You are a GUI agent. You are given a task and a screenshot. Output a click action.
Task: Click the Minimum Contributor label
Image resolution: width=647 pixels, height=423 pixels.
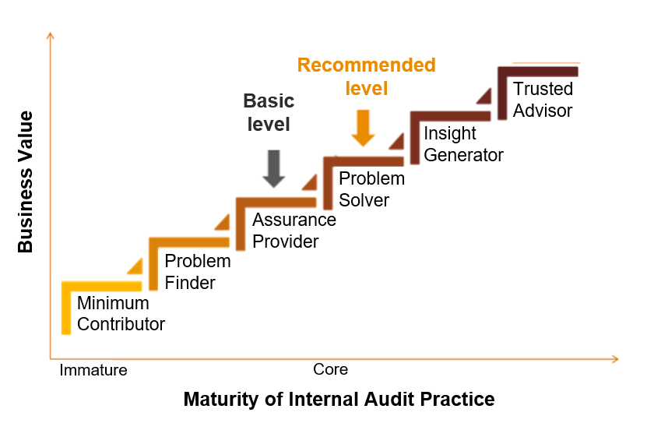pos(121,313)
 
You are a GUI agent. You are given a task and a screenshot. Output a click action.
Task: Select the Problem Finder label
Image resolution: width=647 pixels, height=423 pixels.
pos(198,272)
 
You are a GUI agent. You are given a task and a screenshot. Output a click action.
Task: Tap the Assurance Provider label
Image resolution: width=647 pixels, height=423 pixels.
pos(294,231)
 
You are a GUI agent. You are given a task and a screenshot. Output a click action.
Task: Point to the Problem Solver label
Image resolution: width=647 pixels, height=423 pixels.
pos(371,189)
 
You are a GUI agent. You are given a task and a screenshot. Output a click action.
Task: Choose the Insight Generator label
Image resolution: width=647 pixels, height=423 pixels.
pos(463,144)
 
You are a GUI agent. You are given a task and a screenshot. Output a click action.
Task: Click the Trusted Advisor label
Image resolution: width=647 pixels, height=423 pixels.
pos(543,100)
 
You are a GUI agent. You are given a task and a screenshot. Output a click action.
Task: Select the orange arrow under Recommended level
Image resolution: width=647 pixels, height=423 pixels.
pos(362,128)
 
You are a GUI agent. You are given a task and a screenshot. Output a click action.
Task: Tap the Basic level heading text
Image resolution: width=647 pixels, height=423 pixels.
pos(269,112)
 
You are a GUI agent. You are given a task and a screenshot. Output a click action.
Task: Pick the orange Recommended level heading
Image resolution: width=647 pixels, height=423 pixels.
pos(366,76)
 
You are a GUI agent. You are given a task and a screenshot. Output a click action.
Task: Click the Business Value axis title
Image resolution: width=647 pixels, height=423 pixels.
pos(26,182)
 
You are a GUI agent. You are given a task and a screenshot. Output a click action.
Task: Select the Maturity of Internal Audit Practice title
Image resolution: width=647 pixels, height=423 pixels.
pos(339,400)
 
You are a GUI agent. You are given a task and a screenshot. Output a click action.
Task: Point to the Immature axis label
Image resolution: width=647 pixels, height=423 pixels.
pos(93,370)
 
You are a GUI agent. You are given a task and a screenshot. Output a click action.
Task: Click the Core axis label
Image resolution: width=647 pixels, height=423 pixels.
pos(330,369)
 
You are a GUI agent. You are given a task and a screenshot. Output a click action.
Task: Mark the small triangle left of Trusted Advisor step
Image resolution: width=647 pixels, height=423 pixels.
pos(484,96)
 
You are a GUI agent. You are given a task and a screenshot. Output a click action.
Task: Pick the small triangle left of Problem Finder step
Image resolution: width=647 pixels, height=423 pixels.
pos(135,266)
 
